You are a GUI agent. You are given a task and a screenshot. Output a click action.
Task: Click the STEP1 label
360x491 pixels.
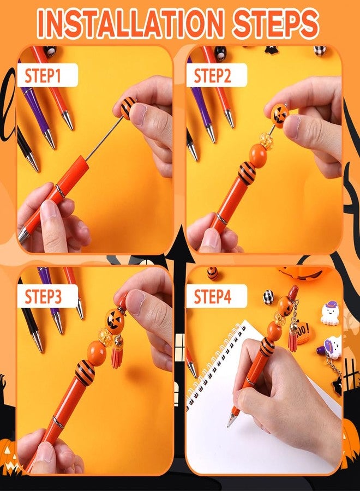[43, 75]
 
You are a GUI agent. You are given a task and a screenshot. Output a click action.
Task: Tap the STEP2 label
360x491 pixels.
[212, 75]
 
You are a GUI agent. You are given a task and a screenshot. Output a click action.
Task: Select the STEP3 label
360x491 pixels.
[43, 296]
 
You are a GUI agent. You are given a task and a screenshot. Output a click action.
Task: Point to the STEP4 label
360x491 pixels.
[213, 296]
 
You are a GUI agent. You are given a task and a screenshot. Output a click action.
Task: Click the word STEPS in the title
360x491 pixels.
[275, 23]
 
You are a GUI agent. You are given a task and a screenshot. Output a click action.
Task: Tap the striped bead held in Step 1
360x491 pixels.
[128, 107]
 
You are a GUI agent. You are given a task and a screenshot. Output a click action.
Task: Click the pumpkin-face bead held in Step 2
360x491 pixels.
[280, 113]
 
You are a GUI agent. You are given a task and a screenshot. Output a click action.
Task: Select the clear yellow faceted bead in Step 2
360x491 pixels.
[266, 140]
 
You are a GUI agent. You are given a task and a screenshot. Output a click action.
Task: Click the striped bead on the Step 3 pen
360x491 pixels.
[85, 373]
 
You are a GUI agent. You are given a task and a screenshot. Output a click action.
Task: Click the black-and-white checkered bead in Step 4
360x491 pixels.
[268, 297]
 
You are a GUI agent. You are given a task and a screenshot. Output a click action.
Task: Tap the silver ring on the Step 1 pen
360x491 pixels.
[61, 191]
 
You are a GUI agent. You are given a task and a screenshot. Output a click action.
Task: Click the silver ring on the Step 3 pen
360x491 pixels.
[58, 422]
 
